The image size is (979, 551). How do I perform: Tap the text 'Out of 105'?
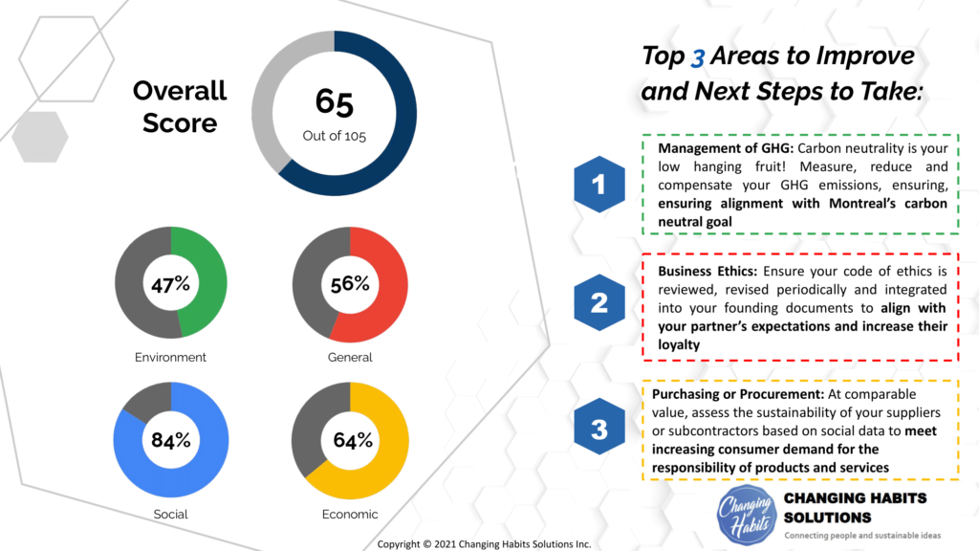(335, 136)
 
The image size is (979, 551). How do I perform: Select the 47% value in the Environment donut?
(171, 284)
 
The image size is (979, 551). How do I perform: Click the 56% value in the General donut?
(350, 284)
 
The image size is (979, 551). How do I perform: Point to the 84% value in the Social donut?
(171, 440)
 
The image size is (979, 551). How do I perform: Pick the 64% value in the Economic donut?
(350, 440)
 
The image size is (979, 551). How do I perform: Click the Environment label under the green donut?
(171, 358)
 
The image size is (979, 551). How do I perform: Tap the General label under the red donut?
(350, 358)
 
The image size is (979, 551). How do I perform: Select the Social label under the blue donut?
(171, 514)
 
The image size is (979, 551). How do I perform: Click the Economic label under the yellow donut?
(350, 514)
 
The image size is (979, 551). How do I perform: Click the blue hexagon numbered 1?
(599, 185)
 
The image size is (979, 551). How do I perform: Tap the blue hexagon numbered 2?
(599, 303)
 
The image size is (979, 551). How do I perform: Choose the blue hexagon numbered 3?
(599, 430)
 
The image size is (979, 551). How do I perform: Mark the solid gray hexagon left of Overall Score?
(39, 137)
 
